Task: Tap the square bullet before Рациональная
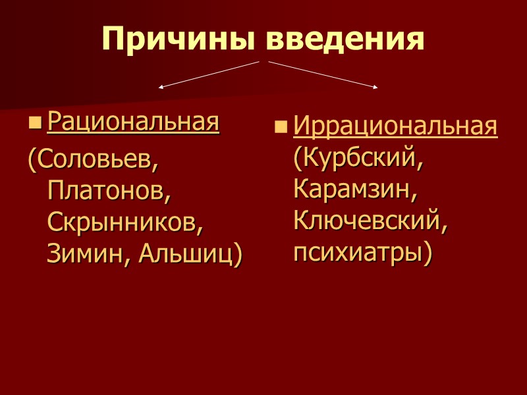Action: tap(35, 123)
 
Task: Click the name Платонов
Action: tap(109, 190)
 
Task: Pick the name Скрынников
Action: tap(126, 222)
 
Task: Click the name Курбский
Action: tap(360, 159)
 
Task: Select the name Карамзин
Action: tap(355, 190)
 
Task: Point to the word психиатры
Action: tap(359, 253)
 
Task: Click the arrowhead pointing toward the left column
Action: tap(161, 86)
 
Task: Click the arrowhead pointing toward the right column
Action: tap(375, 86)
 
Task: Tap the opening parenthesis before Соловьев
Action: tap(30, 160)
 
